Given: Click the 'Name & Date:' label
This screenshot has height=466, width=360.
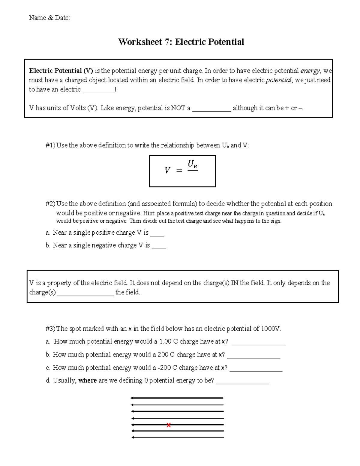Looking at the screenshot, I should click(49, 18).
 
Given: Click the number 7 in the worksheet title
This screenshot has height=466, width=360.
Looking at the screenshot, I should click(167, 42).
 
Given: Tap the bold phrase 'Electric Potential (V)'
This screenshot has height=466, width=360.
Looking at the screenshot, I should click(61, 71).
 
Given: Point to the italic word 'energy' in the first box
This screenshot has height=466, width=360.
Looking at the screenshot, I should click(310, 71).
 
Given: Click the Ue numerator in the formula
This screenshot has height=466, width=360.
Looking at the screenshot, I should click(192, 164).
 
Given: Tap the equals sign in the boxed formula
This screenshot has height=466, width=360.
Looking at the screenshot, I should click(179, 170).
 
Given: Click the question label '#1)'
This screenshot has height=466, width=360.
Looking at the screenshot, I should click(50, 146).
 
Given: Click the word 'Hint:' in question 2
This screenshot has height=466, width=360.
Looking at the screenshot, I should click(149, 213).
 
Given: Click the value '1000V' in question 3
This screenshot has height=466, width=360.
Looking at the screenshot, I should click(271, 329).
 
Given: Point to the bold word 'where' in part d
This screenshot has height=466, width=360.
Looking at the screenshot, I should click(88, 380).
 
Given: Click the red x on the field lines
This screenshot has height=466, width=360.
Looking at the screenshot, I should click(169, 425).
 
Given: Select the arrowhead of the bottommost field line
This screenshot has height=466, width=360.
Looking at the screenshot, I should click(133, 437).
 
